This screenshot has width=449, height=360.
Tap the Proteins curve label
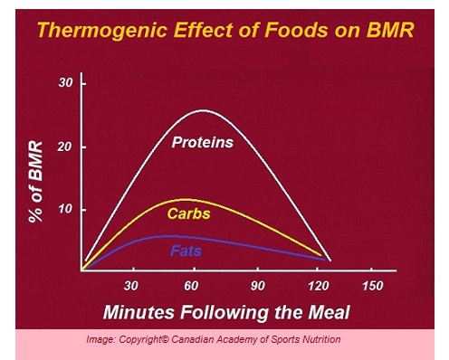click(203, 142)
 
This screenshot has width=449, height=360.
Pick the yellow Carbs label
click(189, 213)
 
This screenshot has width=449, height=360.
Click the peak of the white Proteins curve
click(203, 110)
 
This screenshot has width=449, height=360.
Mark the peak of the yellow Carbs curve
click(185, 199)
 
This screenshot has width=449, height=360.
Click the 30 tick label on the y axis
click(64, 83)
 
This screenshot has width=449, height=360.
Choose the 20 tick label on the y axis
click(64, 147)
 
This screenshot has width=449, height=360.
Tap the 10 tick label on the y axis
click(64, 210)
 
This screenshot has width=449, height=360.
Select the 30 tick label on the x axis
click(133, 286)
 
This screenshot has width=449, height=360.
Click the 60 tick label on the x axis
click(191, 286)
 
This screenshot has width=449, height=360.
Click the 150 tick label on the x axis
click(371, 286)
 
